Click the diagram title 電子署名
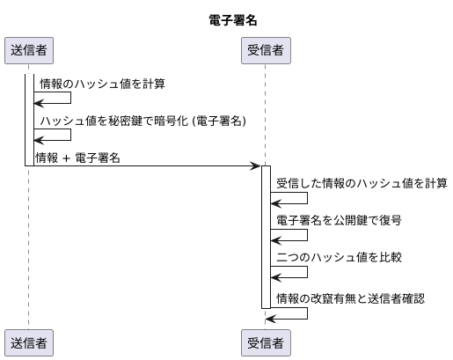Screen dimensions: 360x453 tap(227, 18)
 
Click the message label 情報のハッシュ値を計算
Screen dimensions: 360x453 tap(102, 84)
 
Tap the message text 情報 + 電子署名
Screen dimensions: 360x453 tap(77, 157)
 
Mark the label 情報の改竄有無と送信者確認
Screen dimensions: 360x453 tap(350, 298)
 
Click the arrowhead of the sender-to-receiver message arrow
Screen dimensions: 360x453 tap(256, 165)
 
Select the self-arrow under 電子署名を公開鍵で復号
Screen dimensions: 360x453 tap(291, 234)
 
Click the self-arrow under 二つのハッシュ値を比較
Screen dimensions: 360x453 tap(291, 271)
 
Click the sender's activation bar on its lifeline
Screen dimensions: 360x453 tap(28, 120)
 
